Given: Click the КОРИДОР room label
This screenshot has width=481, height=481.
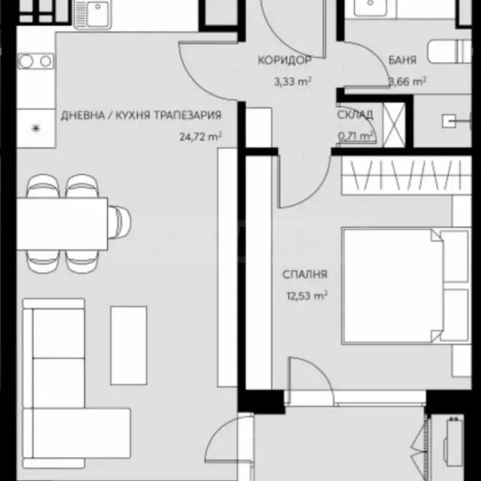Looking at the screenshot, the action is coord(284,60).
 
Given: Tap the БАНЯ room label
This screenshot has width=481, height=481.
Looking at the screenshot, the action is coord(402,60).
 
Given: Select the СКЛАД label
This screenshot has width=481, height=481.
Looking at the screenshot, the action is coord(355,115).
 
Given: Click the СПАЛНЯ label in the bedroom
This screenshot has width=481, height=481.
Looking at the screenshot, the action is coord(304,274).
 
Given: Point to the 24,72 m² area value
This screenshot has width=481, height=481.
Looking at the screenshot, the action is coord(201,137).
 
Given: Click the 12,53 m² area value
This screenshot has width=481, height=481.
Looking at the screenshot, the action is coord(307,295).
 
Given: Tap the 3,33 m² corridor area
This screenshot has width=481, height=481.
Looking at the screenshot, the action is coord(292,82).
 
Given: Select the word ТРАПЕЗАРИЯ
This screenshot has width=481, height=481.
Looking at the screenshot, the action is coord(187,115).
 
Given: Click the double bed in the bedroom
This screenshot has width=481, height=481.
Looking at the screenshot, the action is coord(406,286).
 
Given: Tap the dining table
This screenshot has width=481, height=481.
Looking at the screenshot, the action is coord(62,224).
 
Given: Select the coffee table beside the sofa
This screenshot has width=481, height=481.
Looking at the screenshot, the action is coord(129,345).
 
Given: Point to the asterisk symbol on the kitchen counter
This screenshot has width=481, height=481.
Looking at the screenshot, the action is coord(36,129).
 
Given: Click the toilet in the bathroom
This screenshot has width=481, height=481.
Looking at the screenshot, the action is coord(449,51).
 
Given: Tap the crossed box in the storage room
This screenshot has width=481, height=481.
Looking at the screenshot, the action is coord(394,125).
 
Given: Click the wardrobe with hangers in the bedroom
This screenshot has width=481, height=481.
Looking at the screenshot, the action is coord(407,175).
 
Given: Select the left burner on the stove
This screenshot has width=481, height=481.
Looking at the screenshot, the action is coord(26,61).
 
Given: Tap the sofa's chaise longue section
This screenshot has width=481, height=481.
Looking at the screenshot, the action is coord(77,433).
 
